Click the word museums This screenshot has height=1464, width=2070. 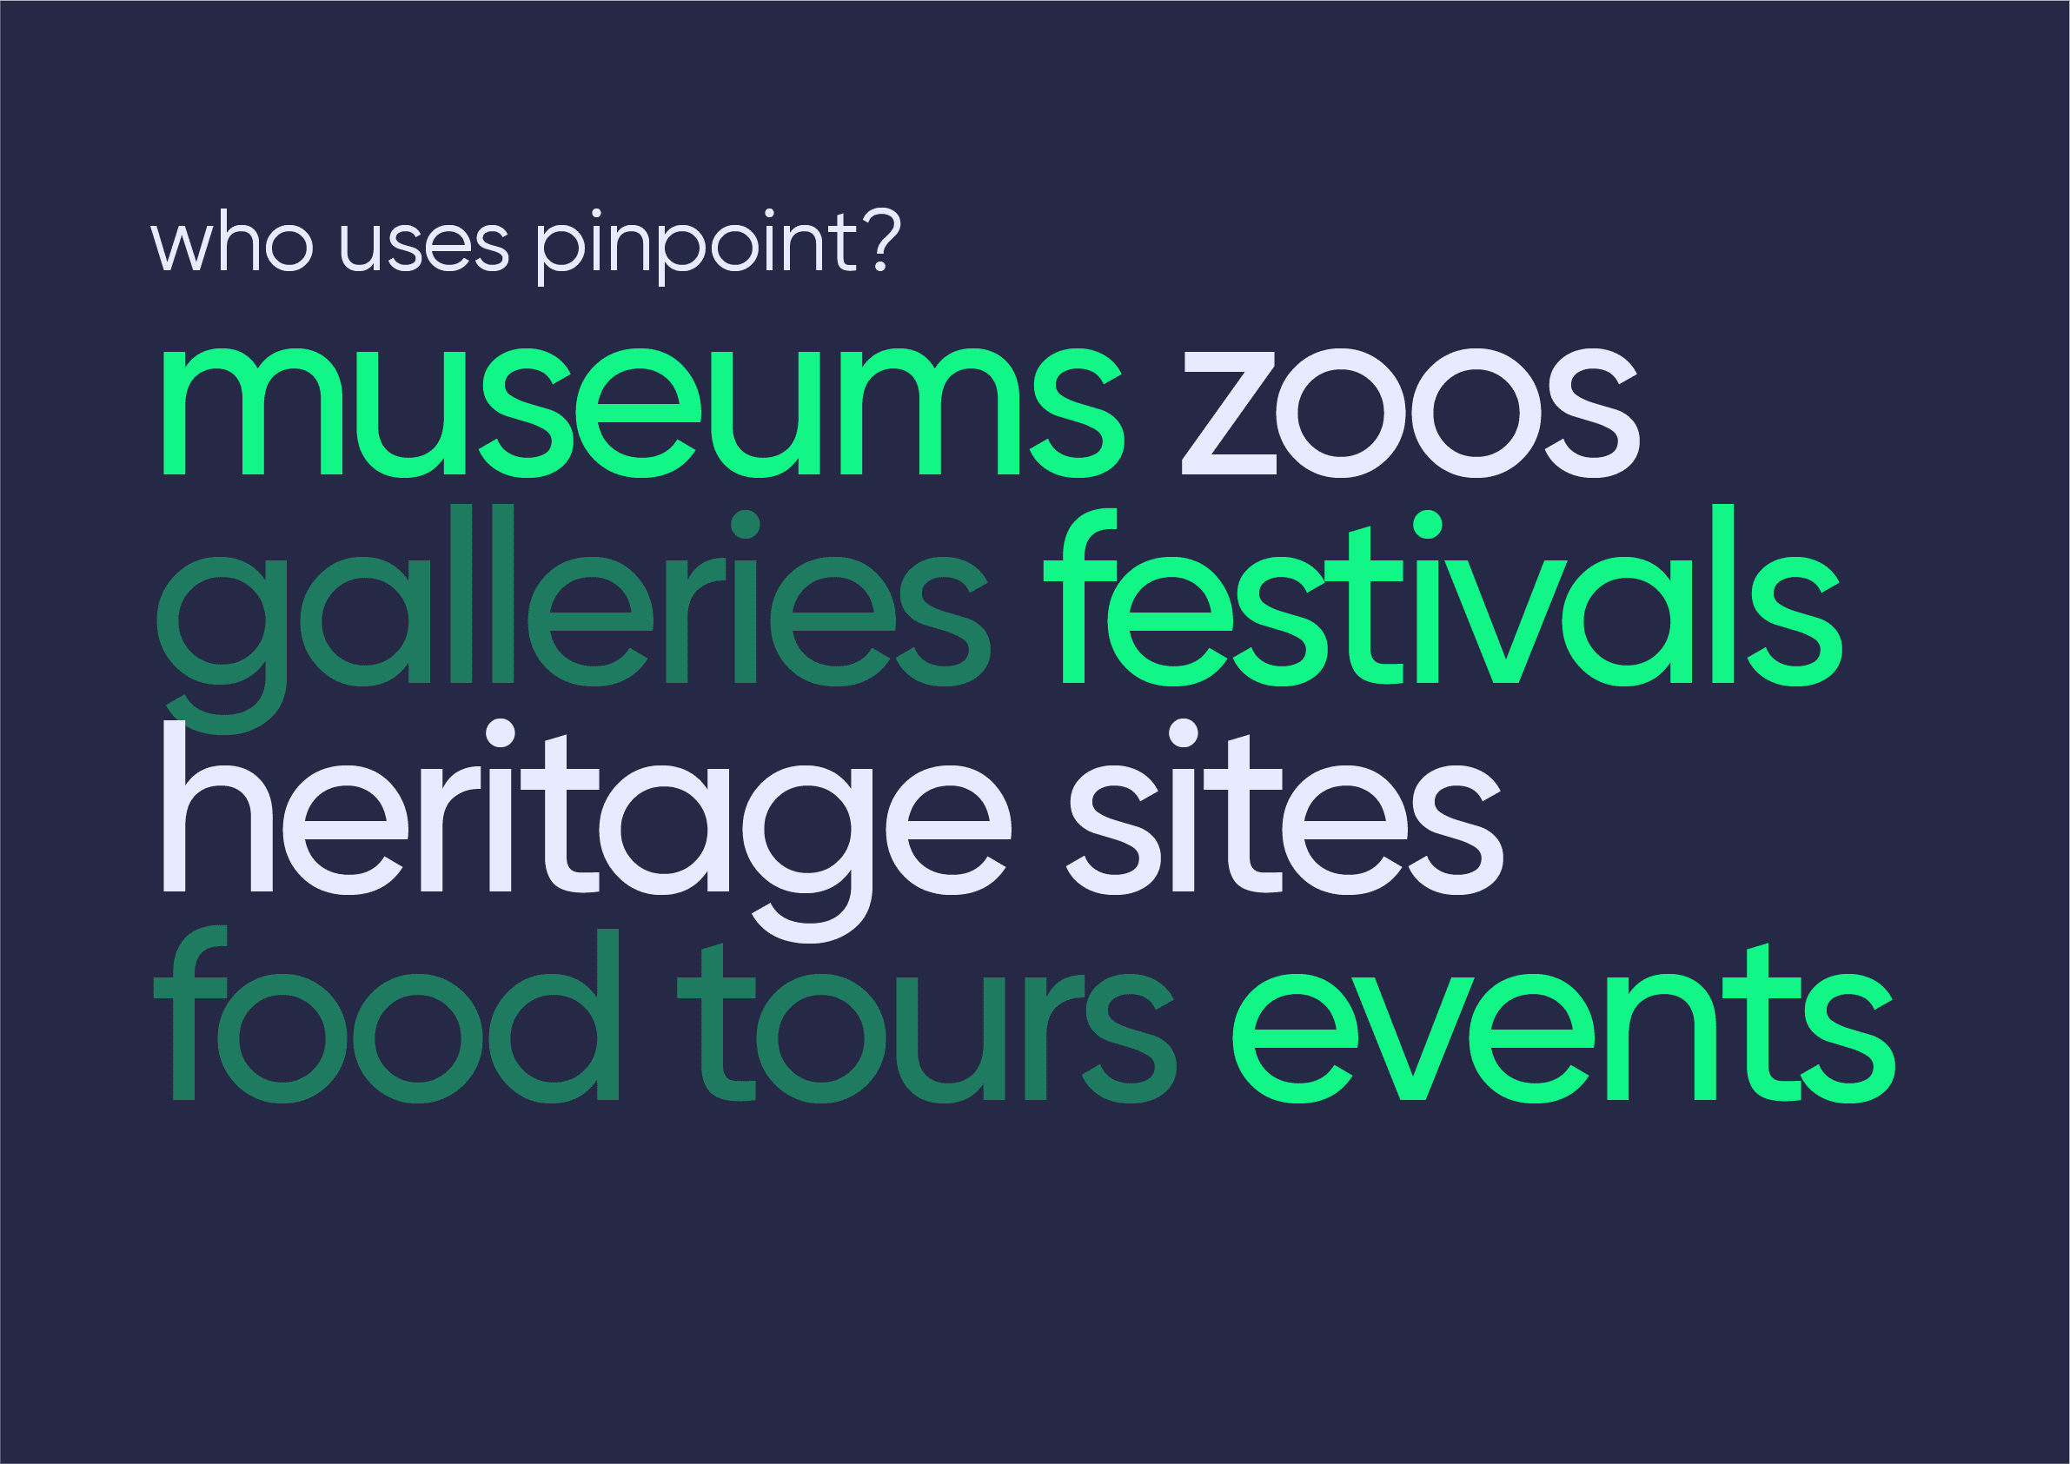(642, 413)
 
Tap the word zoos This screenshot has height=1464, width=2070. (1410, 413)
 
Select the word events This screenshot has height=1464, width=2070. (1563, 1037)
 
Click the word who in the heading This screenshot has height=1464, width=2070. (232, 242)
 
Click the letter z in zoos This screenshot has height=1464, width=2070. (1229, 413)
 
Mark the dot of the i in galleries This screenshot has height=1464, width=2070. (746, 524)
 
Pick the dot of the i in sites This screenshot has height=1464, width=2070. (1183, 733)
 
